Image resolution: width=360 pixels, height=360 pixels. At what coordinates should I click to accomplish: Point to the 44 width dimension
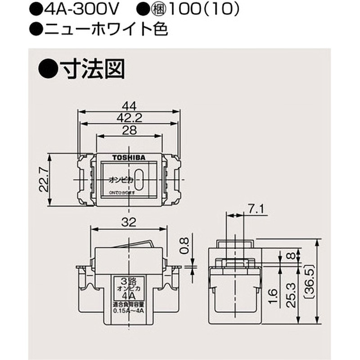point(129,106)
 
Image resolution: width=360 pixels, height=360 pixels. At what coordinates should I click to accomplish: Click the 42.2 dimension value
point(129,118)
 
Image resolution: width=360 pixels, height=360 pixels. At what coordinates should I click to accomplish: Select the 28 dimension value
point(129,130)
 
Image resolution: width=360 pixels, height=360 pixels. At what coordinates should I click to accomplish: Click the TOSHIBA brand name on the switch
point(128,157)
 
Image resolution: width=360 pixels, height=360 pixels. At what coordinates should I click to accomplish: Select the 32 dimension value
point(129,221)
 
